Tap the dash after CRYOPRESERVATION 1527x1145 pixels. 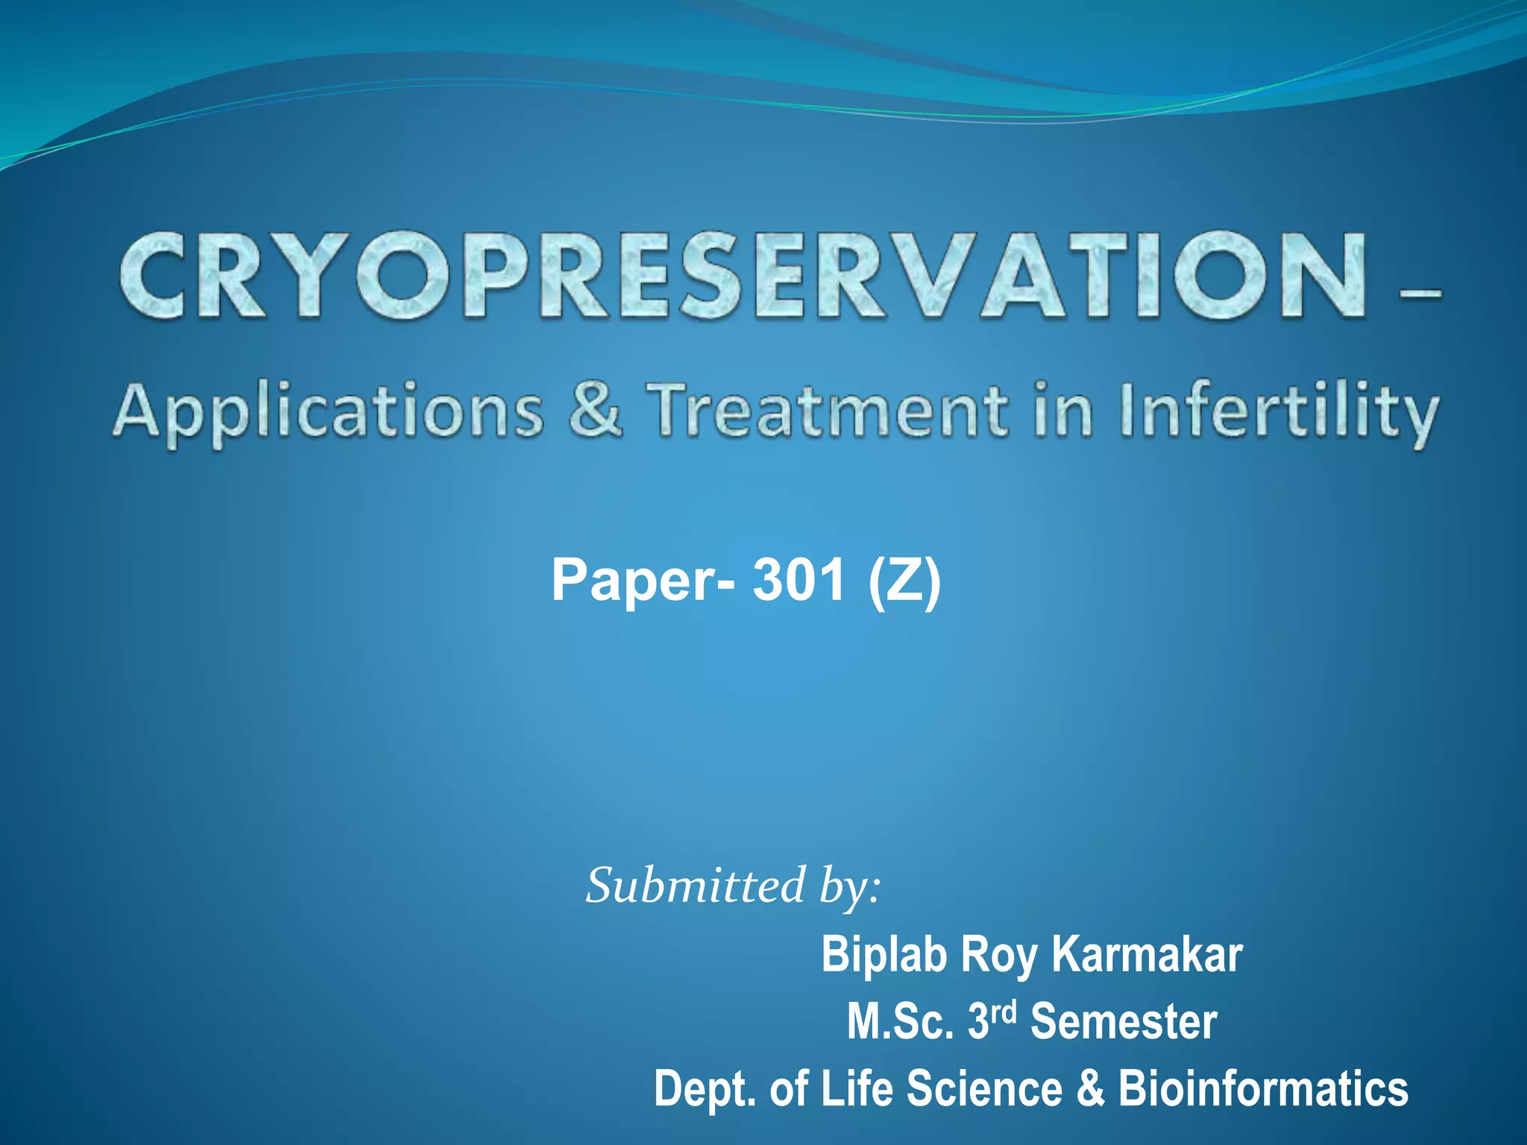[1420, 294]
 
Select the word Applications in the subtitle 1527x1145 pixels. [328, 412]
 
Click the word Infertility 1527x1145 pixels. [1278, 412]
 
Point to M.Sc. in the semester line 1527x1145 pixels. [900, 1021]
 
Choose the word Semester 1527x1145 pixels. [1124, 1021]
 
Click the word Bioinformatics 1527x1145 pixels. [1263, 1088]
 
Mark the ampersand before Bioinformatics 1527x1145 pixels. [1089, 1088]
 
